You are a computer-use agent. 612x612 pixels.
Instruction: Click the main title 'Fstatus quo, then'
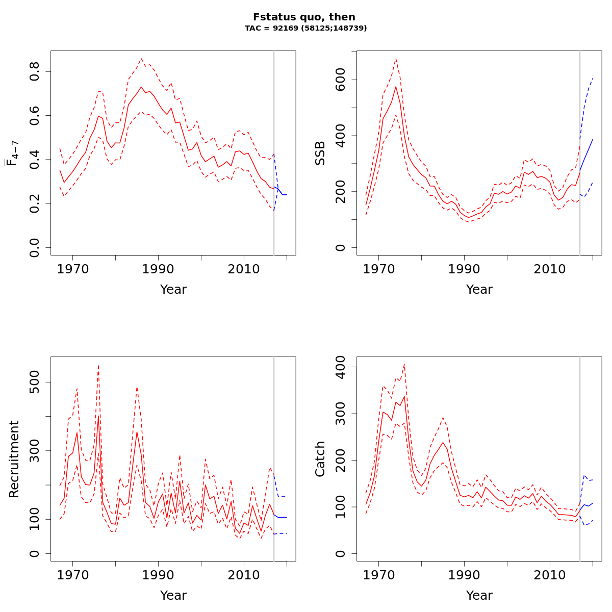[x=304, y=17]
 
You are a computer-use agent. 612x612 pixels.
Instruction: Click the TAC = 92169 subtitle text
[x=305, y=29]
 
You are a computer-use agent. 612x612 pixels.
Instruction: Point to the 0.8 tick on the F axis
[x=35, y=71]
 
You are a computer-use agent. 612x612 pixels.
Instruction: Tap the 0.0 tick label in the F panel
[x=35, y=247]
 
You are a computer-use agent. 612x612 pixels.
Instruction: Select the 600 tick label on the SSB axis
[x=341, y=80]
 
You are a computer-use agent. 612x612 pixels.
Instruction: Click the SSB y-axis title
[x=320, y=153]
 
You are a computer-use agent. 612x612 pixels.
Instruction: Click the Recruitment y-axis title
[x=14, y=459]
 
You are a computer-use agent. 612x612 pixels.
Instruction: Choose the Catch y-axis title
[x=320, y=459]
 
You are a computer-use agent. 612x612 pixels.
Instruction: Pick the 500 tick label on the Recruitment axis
[x=35, y=382]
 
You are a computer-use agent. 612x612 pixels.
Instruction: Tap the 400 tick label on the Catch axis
[x=341, y=367]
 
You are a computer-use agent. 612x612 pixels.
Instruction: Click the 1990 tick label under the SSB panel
[x=464, y=269]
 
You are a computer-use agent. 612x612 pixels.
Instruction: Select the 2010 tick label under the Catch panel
[x=550, y=575]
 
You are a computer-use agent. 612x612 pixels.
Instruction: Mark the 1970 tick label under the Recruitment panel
[x=73, y=575]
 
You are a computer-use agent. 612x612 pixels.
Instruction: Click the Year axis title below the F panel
[x=173, y=290]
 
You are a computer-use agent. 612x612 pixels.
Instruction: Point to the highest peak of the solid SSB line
[x=396, y=86]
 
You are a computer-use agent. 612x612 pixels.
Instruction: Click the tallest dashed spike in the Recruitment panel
[x=98, y=365]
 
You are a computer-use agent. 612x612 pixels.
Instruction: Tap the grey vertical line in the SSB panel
[x=580, y=153]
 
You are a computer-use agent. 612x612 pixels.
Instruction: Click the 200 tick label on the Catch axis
[x=341, y=461]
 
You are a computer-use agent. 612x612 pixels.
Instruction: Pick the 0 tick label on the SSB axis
[x=341, y=247]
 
